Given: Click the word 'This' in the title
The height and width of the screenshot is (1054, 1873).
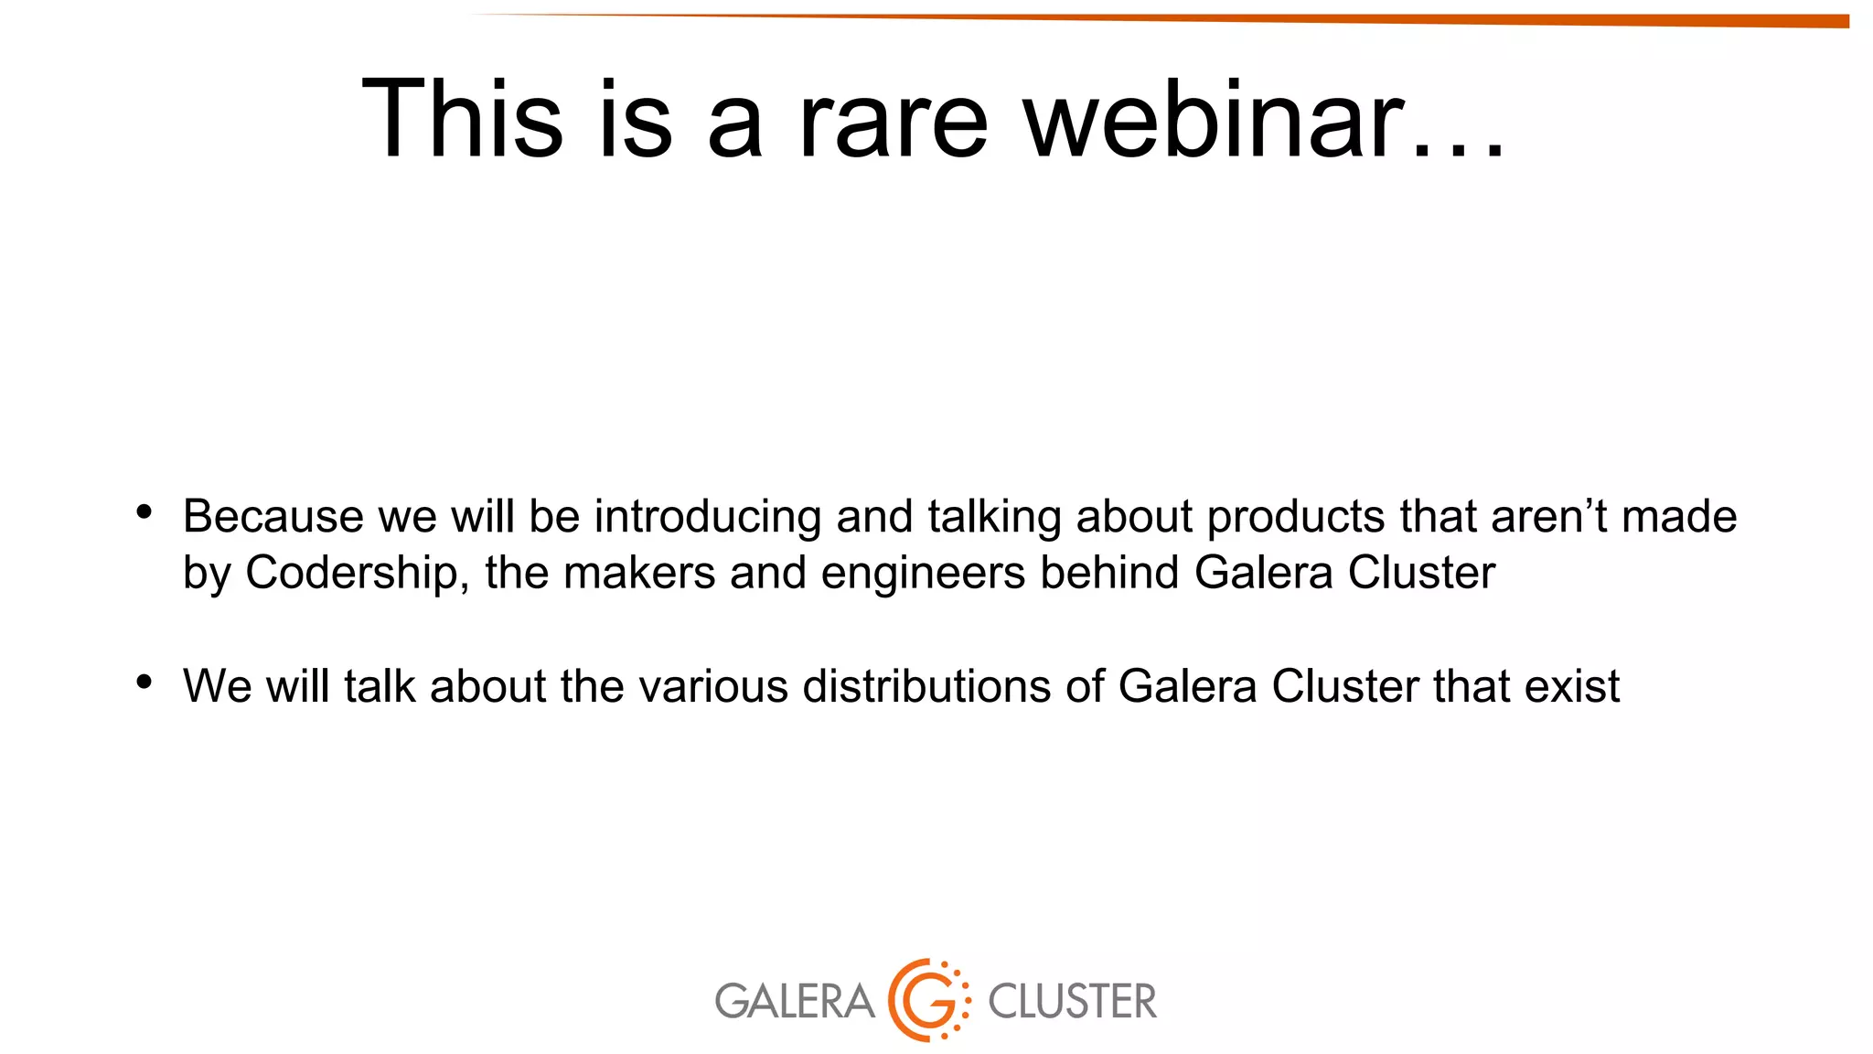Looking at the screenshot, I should click(x=462, y=119).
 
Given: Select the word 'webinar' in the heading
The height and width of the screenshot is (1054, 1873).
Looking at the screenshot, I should click(x=1214, y=119).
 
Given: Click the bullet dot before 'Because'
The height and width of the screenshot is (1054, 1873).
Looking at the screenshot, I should click(x=144, y=512).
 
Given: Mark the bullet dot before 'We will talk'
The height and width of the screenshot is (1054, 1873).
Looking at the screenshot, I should click(x=144, y=682).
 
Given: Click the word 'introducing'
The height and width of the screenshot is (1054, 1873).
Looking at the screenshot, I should click(x=708, y=517).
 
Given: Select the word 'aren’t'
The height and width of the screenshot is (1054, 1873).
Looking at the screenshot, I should click(x=1548, y=517).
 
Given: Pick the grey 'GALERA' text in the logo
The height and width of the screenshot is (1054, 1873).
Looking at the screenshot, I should click(x=794, y=1001).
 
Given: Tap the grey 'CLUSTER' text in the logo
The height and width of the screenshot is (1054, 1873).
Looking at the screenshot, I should click(x=1072, y=1001).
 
